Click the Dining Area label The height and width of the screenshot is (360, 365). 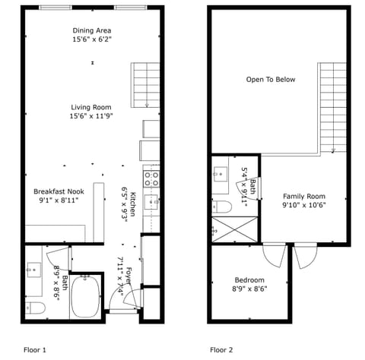91,30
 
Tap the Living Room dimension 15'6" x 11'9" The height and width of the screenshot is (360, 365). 91,116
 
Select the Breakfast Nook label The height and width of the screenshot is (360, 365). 59,191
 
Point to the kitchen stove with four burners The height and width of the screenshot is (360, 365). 151,179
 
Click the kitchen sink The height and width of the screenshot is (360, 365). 151,201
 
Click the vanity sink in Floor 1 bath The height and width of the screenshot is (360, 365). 34,270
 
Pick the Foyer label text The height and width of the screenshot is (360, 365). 129,276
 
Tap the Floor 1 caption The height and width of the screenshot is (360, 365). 34,350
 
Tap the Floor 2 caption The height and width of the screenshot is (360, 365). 221,350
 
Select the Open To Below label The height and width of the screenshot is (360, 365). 270,79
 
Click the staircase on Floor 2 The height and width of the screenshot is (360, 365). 332,106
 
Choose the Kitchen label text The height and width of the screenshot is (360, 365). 132,204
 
